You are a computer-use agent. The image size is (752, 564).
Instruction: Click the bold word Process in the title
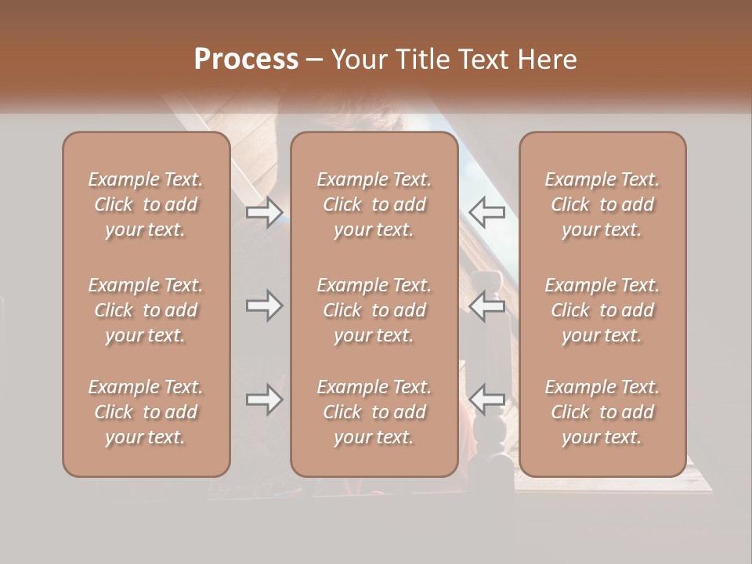tap(246, 59)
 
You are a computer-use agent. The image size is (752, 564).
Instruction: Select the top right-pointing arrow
tap(264, 212)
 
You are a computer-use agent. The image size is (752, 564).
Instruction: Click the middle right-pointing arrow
tap(264, 305)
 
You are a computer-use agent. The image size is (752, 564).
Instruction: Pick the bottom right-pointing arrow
tap(264, 399)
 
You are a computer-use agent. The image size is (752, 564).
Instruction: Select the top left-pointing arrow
tap(487, 212)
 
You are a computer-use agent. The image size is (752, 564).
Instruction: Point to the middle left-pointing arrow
tap(487, 305)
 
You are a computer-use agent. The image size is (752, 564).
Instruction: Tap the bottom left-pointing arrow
tap(487, 399)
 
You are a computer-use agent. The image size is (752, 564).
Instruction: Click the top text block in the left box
tap(146, 204)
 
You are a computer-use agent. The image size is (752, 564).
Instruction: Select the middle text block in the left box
tap(146, 310)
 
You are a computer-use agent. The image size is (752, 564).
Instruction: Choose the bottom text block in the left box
tap(146, 412)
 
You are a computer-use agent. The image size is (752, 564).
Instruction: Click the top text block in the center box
tap(374, 204)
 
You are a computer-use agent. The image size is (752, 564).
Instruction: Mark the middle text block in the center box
tap(374, 310)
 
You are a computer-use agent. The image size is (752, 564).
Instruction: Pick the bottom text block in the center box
tap(374, 412)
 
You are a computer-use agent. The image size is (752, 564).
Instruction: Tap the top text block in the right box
tap(602, 204)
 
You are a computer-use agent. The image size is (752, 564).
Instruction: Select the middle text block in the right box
tap(602, 310)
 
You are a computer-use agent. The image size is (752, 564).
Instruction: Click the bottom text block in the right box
tap(602, 412)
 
